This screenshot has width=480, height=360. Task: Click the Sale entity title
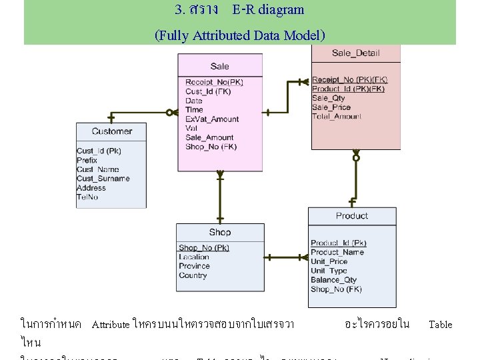(219, 66)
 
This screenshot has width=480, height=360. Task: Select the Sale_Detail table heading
(355, 53)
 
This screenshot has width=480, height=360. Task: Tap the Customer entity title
(111, 131)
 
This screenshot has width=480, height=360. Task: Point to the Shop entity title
(219, 232)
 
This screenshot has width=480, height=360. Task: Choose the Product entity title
(351, 216)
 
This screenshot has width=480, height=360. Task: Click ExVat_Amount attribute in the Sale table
(211, 119)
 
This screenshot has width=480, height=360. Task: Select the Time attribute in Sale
(194, 110)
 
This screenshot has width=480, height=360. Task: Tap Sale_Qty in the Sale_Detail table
(328, 98)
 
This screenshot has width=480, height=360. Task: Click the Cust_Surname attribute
(103, 179)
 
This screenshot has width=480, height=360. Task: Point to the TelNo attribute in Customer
(87, 197)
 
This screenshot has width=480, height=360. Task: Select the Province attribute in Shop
(194, 266)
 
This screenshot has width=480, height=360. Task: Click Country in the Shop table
(193, 275)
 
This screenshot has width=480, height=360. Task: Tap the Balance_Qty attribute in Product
(333, 280)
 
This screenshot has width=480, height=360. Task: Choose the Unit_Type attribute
(329, 271)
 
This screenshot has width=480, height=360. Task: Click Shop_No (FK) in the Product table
(336, 289)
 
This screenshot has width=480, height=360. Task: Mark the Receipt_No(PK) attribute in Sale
(214, 83)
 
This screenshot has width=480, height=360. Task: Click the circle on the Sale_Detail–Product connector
(356, 158)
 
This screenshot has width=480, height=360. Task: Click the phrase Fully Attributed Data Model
(240, 35)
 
